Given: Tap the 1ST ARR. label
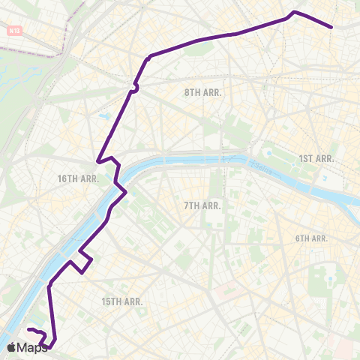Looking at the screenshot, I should point(316,158).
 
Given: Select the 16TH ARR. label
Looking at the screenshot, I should point(79,178).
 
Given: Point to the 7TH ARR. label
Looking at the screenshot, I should point(202,205).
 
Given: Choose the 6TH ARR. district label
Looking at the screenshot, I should point(312,238).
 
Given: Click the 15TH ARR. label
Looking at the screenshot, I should point(121,301).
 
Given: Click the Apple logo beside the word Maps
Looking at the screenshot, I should point(10,347).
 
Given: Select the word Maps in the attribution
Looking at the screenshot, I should point(32,348).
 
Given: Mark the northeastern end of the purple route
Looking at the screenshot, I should point(331,27).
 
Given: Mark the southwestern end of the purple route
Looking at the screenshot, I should point(28,330).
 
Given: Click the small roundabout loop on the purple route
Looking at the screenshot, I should point(134,88).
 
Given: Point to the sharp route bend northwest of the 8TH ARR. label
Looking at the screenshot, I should point(150,55).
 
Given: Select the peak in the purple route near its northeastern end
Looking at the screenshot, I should point(295,12).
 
